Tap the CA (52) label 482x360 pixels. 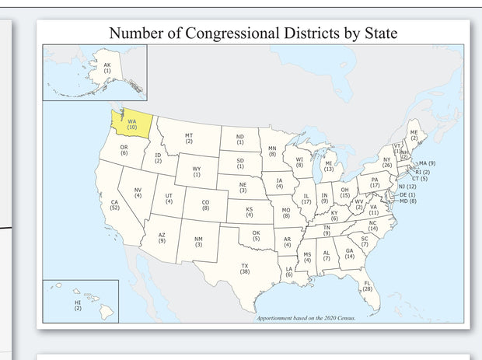tap(114, 205)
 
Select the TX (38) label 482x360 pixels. tap(245, 269)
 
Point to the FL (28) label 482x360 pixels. tap(368, 285)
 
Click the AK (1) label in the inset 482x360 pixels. tap(107, 68)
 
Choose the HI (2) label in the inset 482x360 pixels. tap(77, 305)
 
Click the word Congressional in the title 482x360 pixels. tap(244, 33)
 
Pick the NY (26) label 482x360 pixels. tap(386, 163)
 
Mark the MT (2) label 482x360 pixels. tap(189, 138)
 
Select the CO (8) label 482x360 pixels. tap(205, 206)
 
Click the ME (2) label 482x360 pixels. tap(414, 135)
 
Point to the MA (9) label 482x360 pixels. tap(427, 163)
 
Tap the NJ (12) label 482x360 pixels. tap(407, 187)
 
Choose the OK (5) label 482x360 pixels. tap(256, 235)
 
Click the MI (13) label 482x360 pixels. tap(329, 166)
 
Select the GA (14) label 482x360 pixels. tap(349, 253)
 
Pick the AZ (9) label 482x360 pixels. tap(161, 238)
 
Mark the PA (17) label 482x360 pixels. tap(375, 183)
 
